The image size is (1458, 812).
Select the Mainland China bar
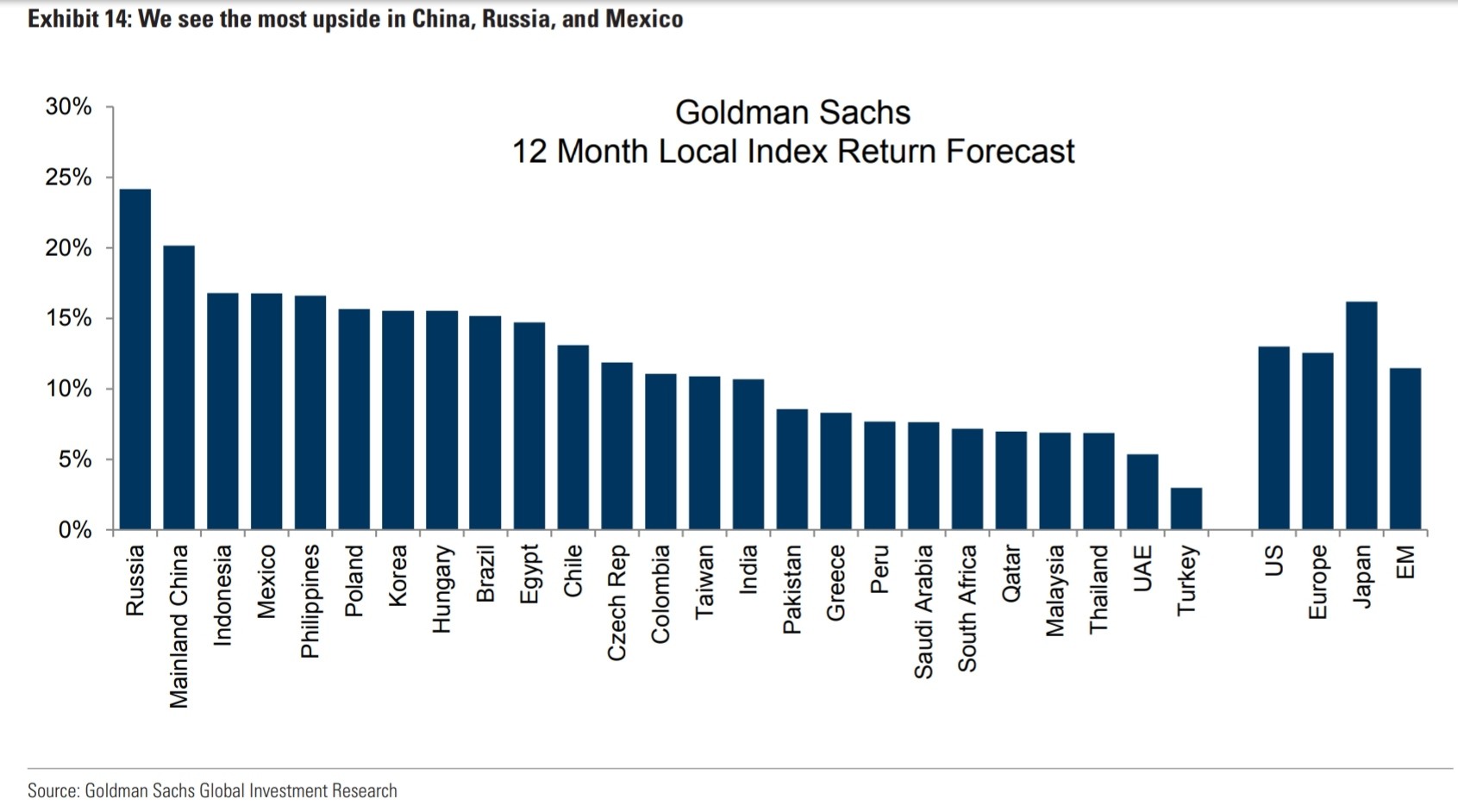[178, 387]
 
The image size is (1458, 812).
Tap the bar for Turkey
[1186, 509]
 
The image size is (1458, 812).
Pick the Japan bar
[1361, 415]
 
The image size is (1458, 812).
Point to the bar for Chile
[573, 437]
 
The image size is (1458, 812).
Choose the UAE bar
[1142, 491]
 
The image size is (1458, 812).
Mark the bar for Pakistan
[792, 469]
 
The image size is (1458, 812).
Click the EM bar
[1405, 448]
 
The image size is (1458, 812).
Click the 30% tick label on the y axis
[68, 107]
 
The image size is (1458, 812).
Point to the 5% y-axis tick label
[75, 459]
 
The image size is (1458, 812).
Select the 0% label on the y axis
[75, 530]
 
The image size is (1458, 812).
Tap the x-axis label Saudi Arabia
[923, 611]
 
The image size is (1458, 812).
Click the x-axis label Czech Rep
[617, 603]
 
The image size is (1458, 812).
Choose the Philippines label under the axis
[310, 601]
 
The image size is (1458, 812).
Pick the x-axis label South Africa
[967, 608]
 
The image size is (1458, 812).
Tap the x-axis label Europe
[1317, 582]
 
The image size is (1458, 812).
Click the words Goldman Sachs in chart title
[792, 113]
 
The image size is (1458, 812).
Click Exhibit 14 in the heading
[78, 19]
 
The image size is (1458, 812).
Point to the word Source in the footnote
[53, 790]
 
